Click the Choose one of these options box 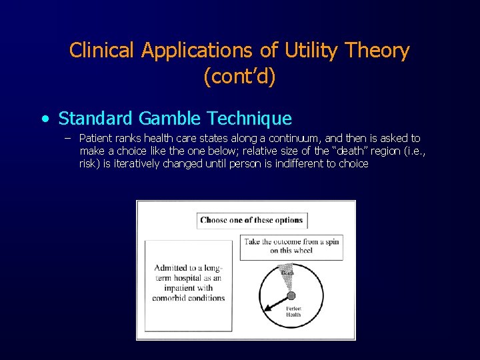(x=251, y=220)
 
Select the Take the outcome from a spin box (x=293, y=246)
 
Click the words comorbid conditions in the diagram (x=188, y=298)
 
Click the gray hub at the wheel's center (x=291, y=295)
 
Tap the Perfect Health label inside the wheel (x=293, y=312)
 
